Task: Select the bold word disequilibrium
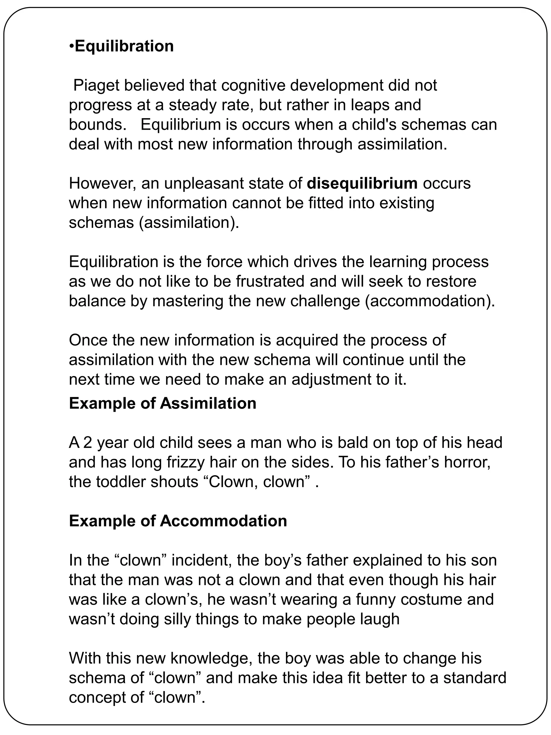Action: pyautogui.click(x=362, y=184)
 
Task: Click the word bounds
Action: pyautogui.click(x=95, y=125)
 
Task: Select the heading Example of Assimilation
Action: pyautogui.click(x=163, y=403)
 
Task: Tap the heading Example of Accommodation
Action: pyautogui.click(x=178, y=521)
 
